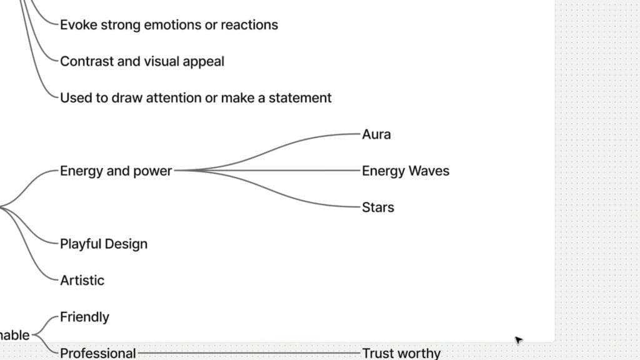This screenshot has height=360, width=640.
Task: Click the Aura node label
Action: tap(376, 134)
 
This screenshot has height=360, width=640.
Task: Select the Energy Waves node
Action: tap(405, 171)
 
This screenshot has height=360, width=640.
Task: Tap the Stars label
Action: tap(377, 207)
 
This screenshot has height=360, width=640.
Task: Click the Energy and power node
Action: tap(116, 171)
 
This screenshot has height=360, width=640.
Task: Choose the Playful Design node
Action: tap(104, 244)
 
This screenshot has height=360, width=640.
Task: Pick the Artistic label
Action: tap(82, 281)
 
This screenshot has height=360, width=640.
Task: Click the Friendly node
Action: tap(84, 317)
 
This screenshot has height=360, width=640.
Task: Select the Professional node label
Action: tap(97, 353)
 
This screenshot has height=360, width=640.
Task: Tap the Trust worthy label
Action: tap(401, 353)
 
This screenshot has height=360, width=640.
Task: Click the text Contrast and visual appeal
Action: tap(142, 61)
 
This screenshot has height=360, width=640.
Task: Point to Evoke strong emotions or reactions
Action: tap(169, 25)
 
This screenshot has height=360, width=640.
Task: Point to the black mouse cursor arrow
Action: tap(518, 340)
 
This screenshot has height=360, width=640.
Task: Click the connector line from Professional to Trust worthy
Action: tap(250, 353)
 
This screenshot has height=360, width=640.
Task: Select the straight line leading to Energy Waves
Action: tap(269, 170)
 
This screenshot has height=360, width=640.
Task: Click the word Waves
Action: tap(428, 171)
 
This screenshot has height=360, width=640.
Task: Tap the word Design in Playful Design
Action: tap(126, 244)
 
